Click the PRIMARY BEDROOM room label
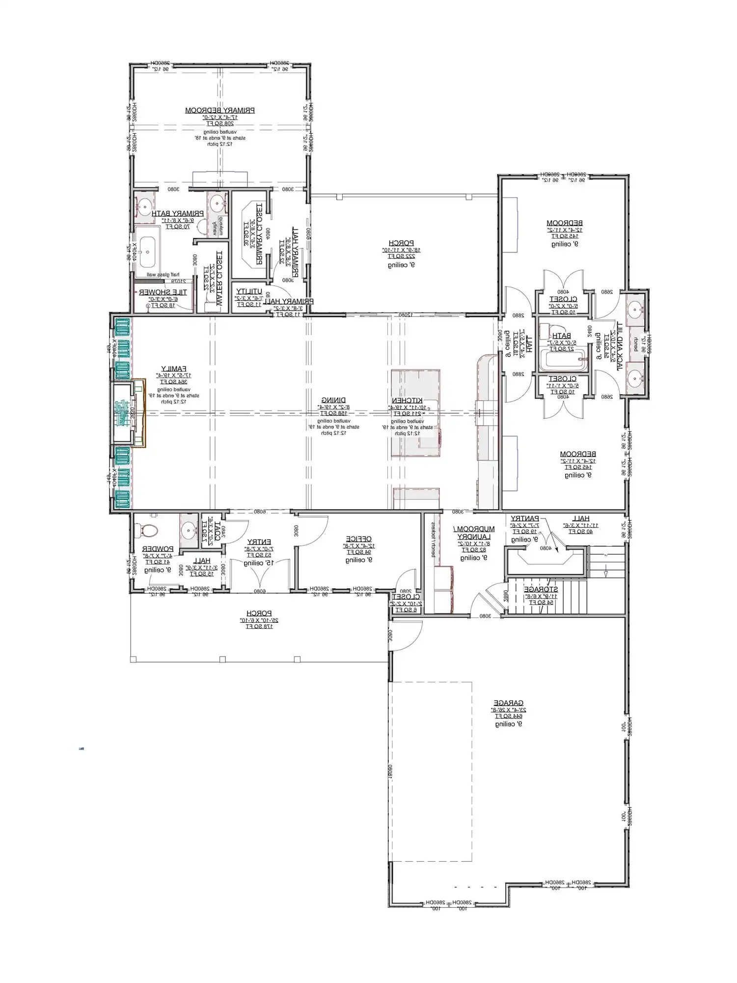point(219,111)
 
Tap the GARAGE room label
point(508,703)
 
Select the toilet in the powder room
point(149,530)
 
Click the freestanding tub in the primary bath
point(147,252)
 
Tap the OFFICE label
point(358,539)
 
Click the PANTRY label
point(524,519)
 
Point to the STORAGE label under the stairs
point(541,589)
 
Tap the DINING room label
point(333,401)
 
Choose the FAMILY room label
point(174,369)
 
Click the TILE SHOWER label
point(163,292)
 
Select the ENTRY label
point(259,542)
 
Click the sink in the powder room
point(189,530)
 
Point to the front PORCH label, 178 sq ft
point(259,613)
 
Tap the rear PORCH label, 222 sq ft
point(401,243)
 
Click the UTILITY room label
point(249,292)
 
